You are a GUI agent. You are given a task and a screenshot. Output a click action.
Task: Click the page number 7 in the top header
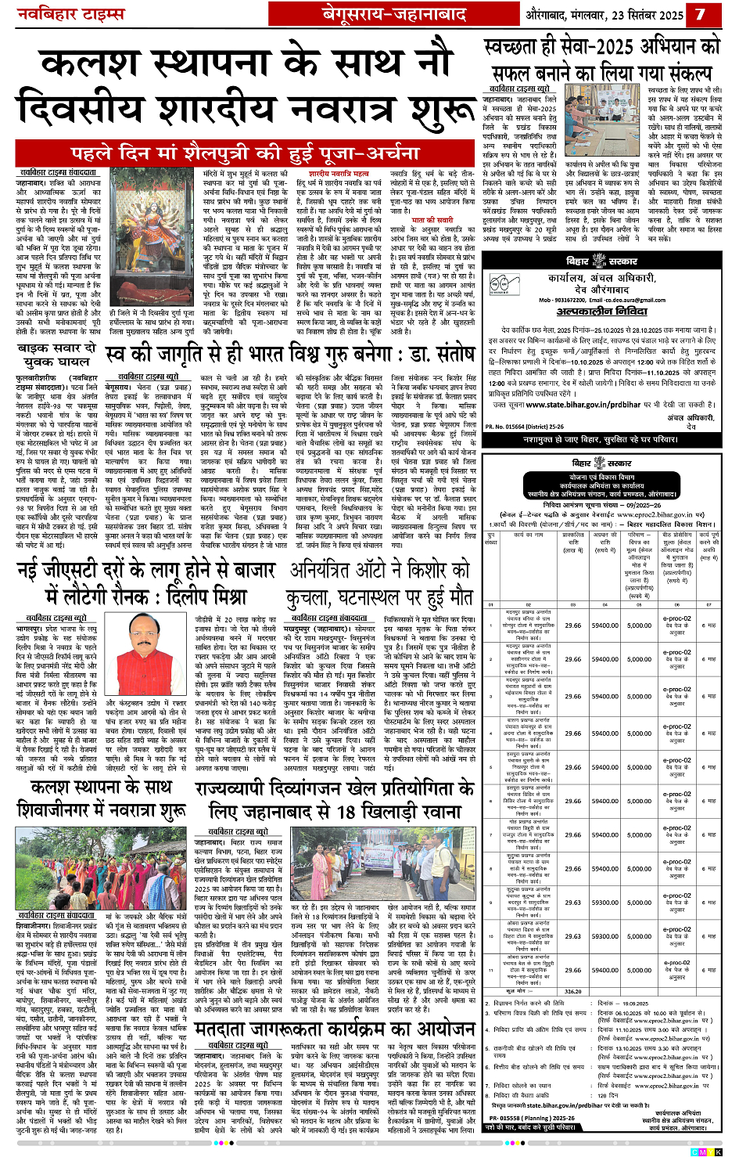point(700,14)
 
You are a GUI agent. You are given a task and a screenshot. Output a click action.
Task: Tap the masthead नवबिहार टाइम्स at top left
point(71,15)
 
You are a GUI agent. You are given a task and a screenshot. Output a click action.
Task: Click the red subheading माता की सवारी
point(430,221)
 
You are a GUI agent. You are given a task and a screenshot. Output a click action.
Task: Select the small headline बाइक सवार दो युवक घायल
point(56,354)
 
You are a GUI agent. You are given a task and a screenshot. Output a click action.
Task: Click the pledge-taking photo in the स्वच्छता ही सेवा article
point(602,120)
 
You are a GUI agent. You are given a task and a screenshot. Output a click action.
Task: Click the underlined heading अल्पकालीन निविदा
point(601,312)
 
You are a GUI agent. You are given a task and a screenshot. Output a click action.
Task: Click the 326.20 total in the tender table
point(573,990)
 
